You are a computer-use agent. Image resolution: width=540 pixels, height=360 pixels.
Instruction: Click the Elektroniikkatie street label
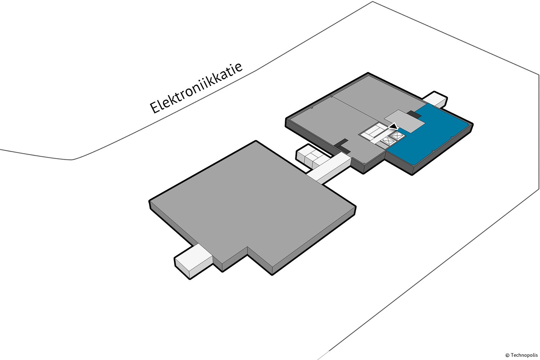pyautogui.click(x=196, y=88)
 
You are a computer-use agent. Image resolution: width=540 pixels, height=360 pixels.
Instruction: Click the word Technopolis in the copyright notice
pyautogui.click(x=524, y=355)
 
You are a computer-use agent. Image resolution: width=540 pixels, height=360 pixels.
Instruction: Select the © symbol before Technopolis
pyautogui.click(x=508, y=355)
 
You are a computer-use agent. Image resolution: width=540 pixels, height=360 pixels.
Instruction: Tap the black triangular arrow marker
pyautogui.click(x=394, y=126)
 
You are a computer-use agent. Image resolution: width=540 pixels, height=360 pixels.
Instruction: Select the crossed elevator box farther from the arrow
pyautogui.click(x=388, y=141)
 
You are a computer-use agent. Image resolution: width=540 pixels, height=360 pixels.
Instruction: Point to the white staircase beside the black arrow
pyautogui.click(x=374, y=131)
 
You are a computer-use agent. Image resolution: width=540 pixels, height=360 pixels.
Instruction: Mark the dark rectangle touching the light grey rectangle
pyautogui.click(x=415, y=114)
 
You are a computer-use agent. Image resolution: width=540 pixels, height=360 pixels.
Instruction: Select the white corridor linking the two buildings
pyautogui.click(x=329, y=169)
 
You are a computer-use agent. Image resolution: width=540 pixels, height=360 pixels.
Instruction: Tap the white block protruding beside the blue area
pyautogui.click(x=436, y=99)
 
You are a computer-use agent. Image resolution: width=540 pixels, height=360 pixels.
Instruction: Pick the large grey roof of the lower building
pyautogui.click(x=252, y=205)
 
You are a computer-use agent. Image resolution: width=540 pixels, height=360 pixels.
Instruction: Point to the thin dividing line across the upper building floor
pyautogui.click(x=356, y=108)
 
